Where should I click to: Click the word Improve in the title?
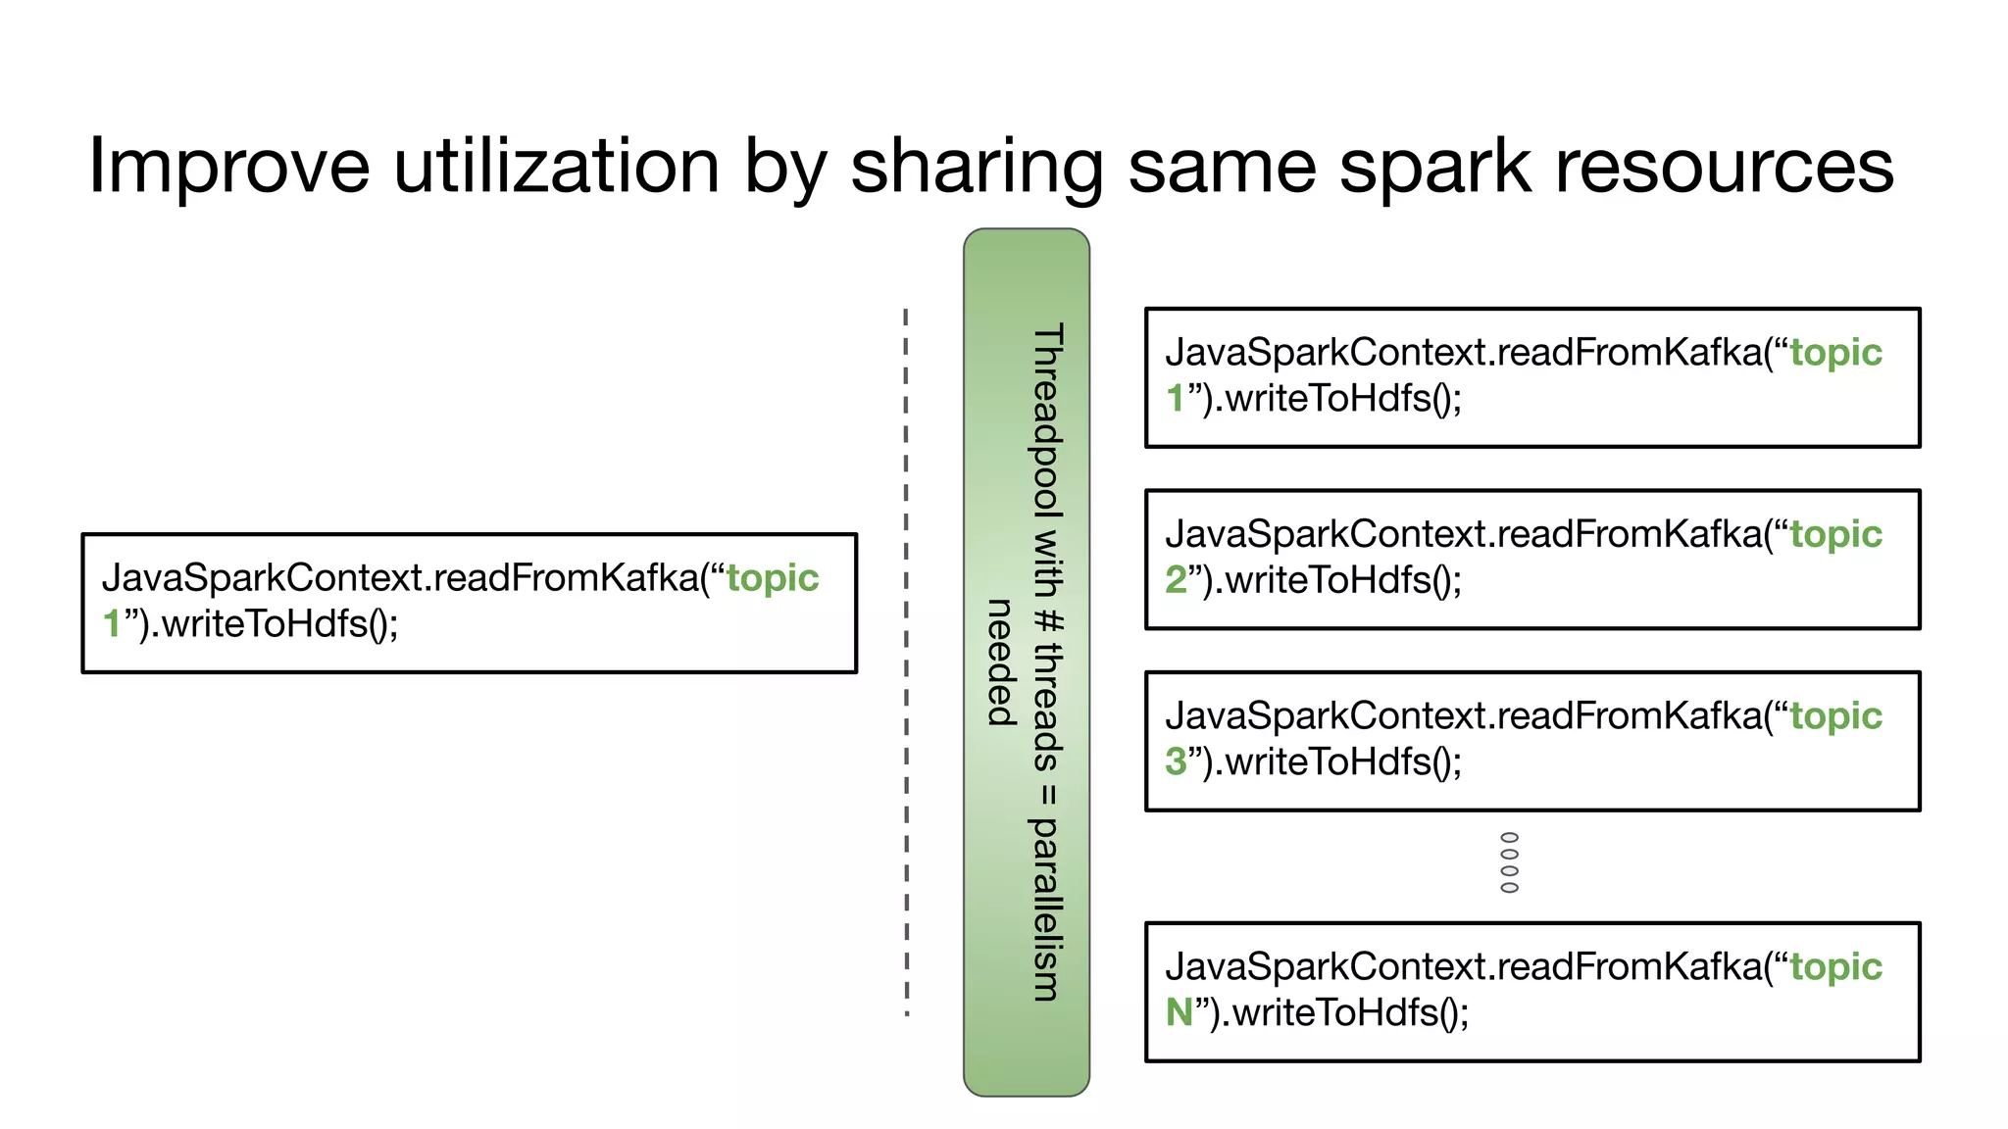(x=228, y=167)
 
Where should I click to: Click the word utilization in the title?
(x=556, y=167)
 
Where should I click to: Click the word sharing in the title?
(x=977, y=167)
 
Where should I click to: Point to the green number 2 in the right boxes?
(x=1176, y=580)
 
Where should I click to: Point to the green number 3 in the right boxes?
(x=1176, y=761)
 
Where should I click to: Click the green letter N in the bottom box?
(x=1179, y=1012)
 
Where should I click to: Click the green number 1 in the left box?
(x=112, y=624)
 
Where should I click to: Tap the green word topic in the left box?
(x=773, y=578)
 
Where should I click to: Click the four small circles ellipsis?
(x=1510, y=862)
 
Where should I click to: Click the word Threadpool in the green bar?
(x=1047, y=421)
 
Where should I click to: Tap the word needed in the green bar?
(x=999, y=662)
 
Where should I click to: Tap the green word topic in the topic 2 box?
(x=1835, y=534)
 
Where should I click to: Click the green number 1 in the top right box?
(x=1175, y=399)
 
